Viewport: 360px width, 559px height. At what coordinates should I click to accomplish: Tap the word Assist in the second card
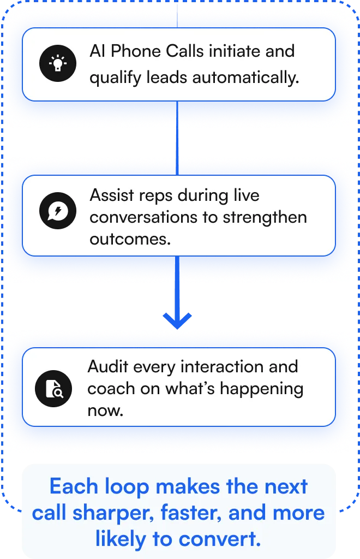click(x=110, y=195)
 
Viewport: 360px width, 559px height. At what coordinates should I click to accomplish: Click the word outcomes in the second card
click(x=129, y=239)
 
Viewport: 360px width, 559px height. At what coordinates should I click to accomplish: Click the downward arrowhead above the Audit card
click(x=177, y=320)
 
